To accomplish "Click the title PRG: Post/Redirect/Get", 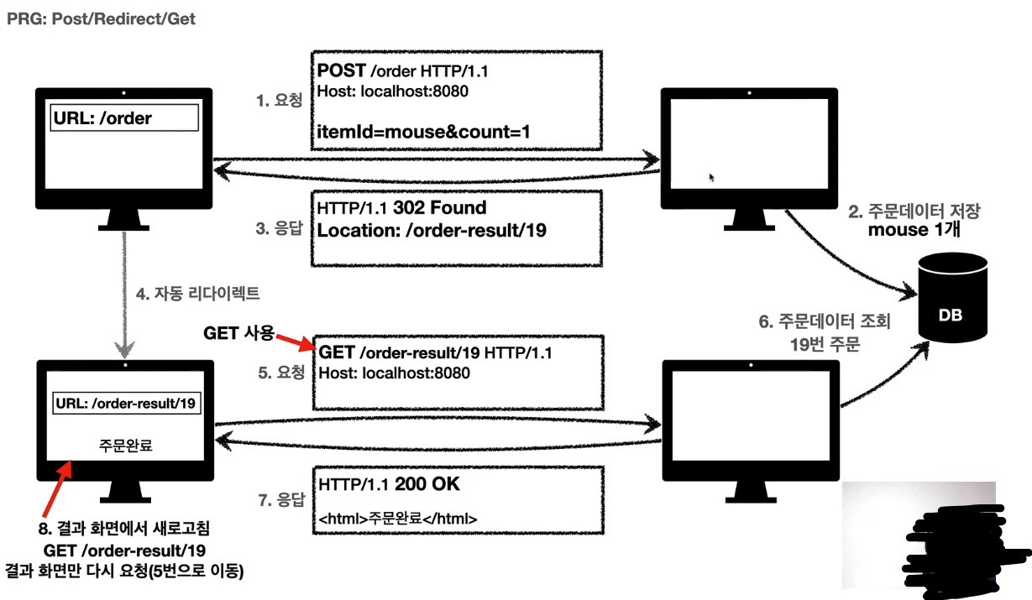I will pyautogui.click(x=102, y=18).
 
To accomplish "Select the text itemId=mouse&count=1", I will pyautogui.click(x=424, y=131).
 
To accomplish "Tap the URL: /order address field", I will pyautogui.click(x=125, y=118).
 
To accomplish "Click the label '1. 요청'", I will pyautogui.click(x=280, y=100).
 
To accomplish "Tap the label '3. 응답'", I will pyautogui.click(x=280, y=226).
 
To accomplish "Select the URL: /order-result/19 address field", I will pyautogui.click(x=127, y=404).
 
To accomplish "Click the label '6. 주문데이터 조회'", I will pyautogui.click(x=824, y=321).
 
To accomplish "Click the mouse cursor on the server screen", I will pyautogui.click(x=713, y=178).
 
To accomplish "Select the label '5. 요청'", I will pyautogui.click(x=280, y=373).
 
